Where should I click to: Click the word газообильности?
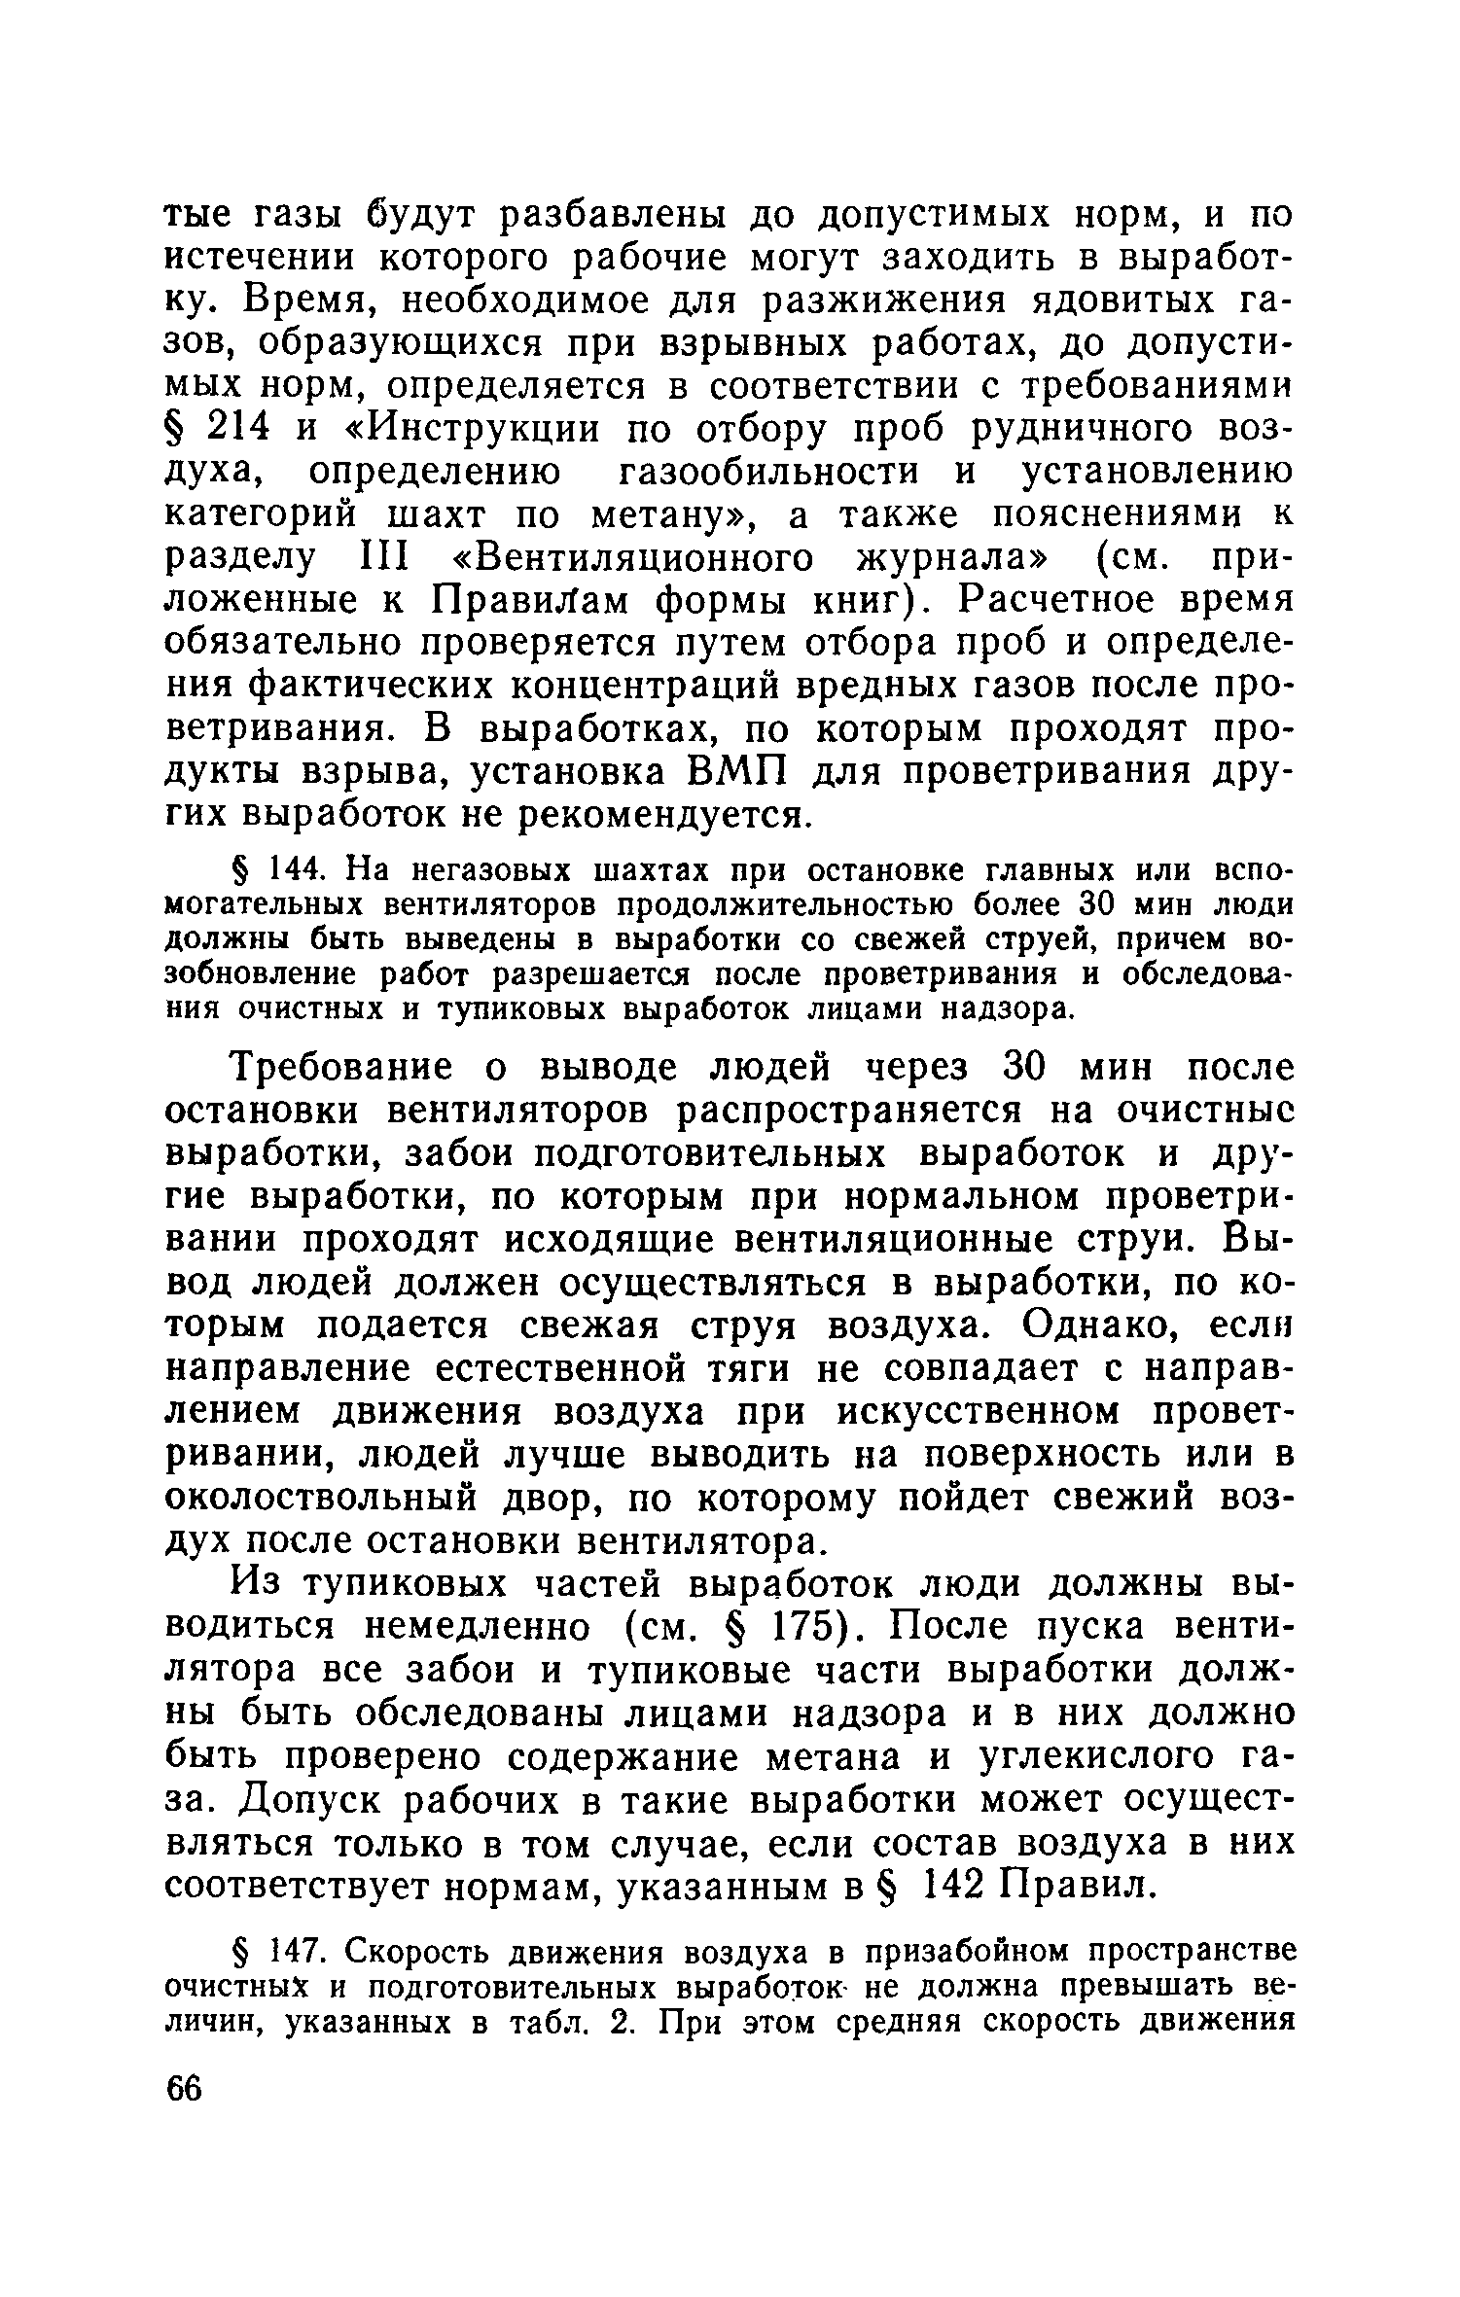[773, 472]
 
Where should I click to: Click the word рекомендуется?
[662, 815]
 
